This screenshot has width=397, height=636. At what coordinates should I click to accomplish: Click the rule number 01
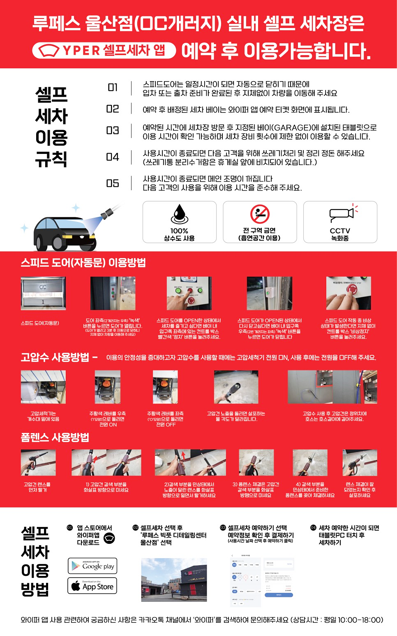coord(113,88)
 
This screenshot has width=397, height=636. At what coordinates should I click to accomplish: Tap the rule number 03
coord(113,130)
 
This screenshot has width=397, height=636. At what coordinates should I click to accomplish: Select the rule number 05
coord(113,183)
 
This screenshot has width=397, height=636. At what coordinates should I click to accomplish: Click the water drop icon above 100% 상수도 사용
coord(179,214)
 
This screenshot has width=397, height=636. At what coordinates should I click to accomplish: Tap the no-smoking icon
coord(260,214)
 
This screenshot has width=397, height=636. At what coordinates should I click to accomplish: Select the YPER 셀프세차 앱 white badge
coord(104,50)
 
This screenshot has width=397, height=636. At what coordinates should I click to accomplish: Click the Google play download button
coord(92,566)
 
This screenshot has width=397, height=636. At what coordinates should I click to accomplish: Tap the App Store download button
coord(92,586)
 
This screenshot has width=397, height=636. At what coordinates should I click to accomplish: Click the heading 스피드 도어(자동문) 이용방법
coord(83,263)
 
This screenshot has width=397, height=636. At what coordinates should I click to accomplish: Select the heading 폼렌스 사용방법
coord(55,437)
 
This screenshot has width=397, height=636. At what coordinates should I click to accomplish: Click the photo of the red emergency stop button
coord(349,293)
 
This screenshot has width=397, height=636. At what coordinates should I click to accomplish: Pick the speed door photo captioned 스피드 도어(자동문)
coord(43,293)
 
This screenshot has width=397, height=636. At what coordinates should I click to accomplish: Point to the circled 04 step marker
coord(313,528)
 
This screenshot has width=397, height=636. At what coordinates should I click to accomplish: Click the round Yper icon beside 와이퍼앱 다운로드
coord(109,538)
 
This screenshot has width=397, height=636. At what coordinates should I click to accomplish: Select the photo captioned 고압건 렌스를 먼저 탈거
coord(38,463)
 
